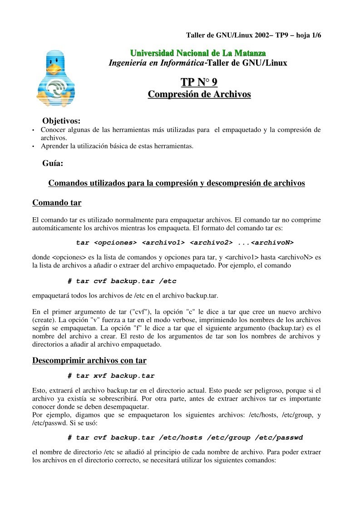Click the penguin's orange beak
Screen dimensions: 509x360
tap(55, 69)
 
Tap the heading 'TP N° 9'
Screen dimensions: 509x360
tap(199, 82)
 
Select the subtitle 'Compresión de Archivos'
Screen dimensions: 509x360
tap(199, 94)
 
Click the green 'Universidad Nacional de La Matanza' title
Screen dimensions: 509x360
tap(198, 54)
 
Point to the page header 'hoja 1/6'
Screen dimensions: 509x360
tap(309, 35)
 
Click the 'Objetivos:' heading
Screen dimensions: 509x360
tap(61, 121)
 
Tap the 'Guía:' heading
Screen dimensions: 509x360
tap(52, 163)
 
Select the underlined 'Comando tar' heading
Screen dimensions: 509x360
tap(57, 202)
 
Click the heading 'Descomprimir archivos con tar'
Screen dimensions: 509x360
tap(89, 361)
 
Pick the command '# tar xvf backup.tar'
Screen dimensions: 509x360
tap(111, 376)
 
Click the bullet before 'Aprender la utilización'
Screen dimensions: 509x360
tap(34, 147)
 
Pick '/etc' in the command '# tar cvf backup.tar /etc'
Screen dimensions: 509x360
tap(168, 281)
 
